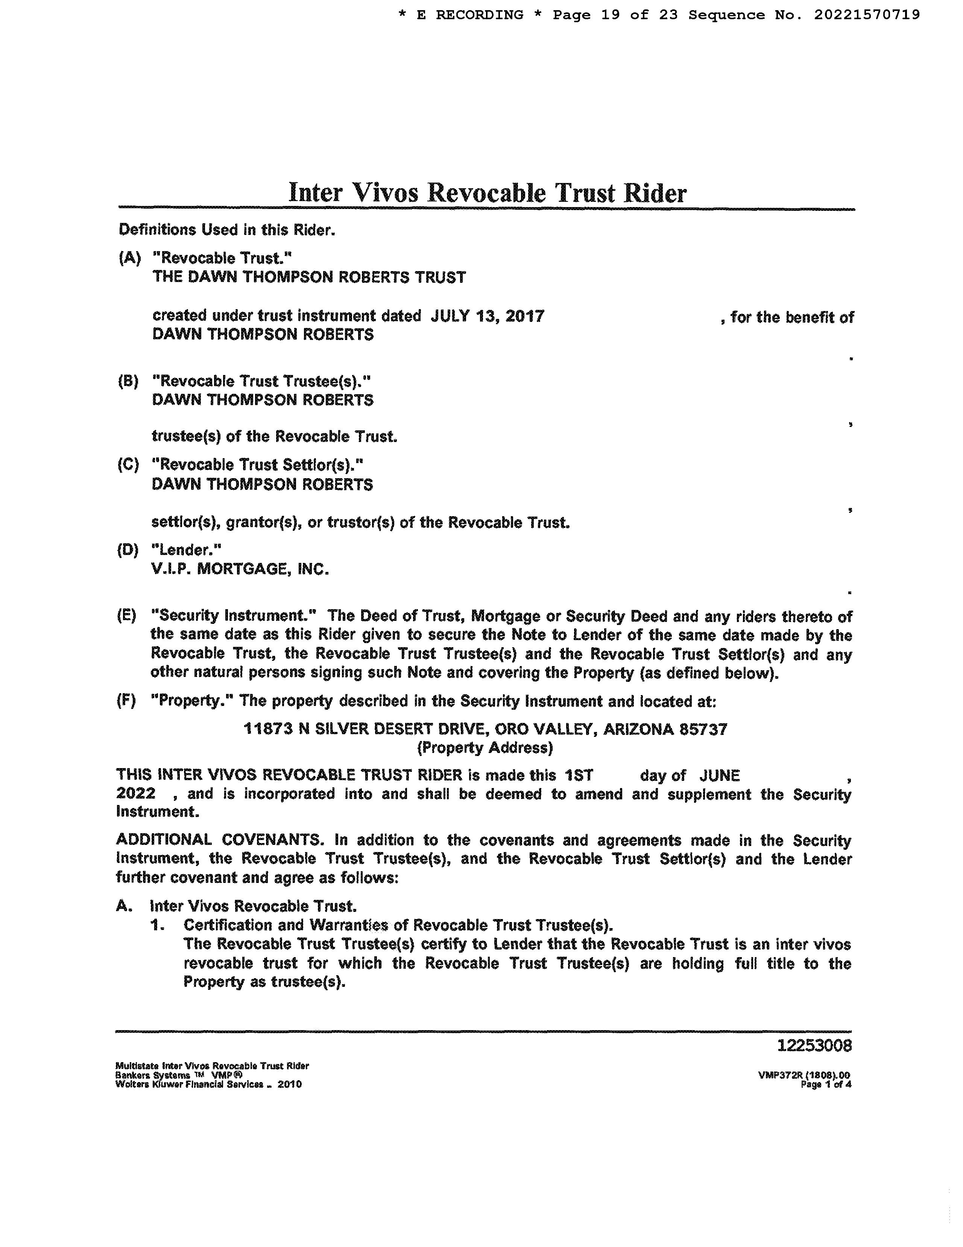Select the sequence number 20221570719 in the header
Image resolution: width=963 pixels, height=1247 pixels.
tap(867, 15)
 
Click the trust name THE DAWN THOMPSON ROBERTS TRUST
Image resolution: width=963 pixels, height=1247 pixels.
tap(308, 277)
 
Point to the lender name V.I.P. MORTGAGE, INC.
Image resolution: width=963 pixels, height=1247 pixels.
tap(240, 569)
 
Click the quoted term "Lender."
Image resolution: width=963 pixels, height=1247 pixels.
tap(186, 550)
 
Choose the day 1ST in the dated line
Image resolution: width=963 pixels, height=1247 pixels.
tap(579, 775)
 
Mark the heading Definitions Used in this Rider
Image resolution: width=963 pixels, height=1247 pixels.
tap(226, 230)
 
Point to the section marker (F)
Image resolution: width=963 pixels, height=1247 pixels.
tap(126, 701)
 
